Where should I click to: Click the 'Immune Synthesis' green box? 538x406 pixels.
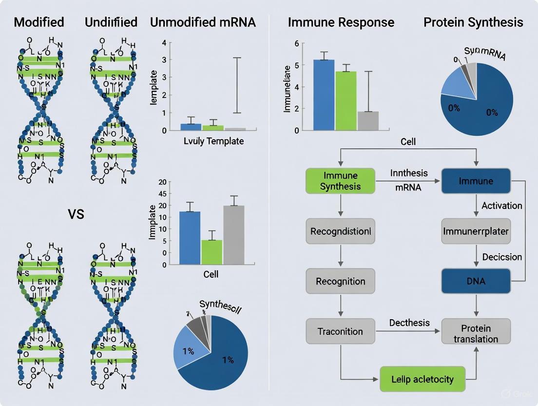click(340, 181)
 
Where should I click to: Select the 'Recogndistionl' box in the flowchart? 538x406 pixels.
click(340, 231)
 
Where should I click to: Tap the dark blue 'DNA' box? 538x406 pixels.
click(476, 282)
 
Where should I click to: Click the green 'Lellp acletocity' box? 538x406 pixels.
click(422, 379)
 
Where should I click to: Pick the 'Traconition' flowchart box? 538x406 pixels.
click(340, 331)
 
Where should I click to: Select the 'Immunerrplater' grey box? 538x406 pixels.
click(476, 231)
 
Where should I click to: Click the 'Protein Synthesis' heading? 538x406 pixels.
click(473, 22)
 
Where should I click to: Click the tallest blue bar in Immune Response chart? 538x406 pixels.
click(324, 95)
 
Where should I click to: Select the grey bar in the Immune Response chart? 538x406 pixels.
click(368, 121)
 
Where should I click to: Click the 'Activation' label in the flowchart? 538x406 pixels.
click(501, 205)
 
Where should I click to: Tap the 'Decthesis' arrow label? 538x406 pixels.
click(409, 323)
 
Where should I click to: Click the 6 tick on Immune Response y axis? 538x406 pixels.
click(296, 44)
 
